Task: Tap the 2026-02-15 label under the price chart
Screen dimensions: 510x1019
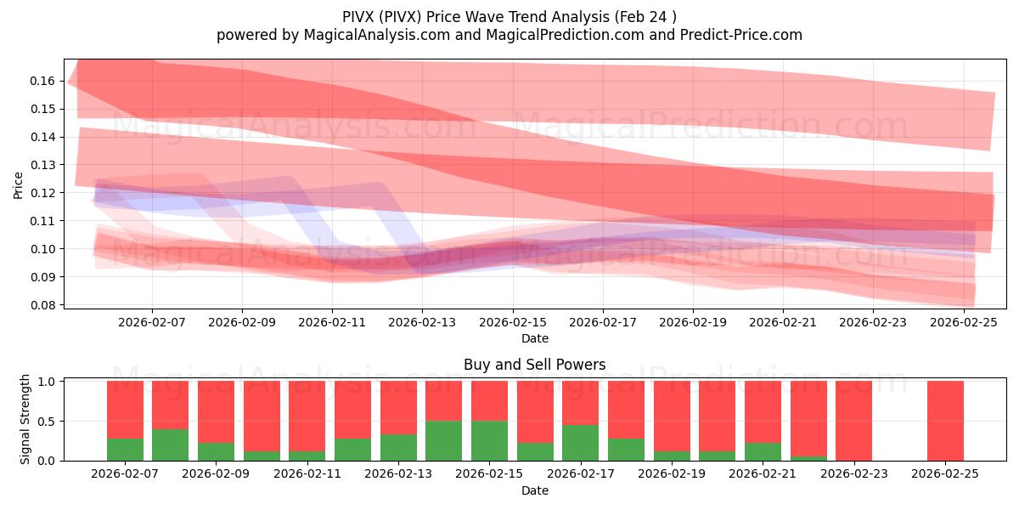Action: point(512,323)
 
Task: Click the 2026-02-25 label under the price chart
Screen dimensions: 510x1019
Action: point(963,323)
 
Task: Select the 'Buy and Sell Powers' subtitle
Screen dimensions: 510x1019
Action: point(534,365)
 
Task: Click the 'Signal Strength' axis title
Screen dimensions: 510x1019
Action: point(25,419)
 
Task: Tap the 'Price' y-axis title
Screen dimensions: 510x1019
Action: point(19,184)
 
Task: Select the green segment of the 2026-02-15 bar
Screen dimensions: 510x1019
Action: point(489,440)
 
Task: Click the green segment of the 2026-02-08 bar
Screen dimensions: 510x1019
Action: point(170,445)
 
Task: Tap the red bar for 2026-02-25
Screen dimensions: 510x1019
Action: point(945,421)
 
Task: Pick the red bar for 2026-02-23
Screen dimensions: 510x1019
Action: point(853,421)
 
